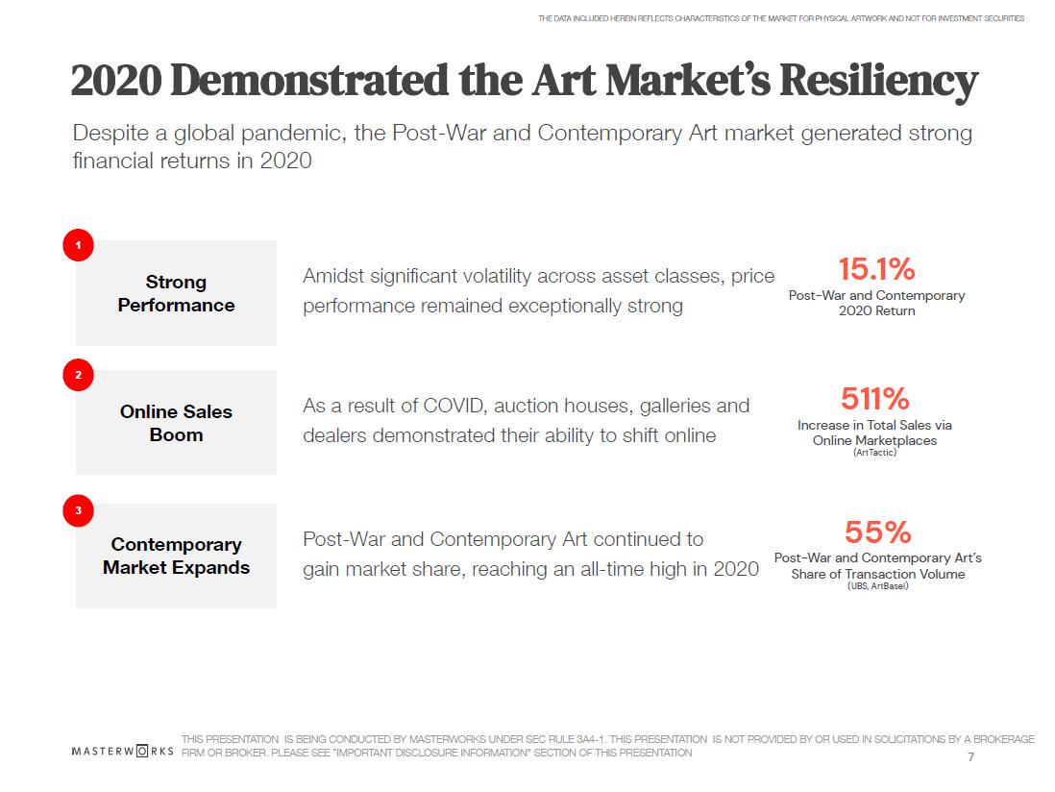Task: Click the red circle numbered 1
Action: [78, 245]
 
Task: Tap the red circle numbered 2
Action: [78, 375]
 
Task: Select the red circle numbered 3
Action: [78, 509]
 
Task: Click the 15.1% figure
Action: [876, 269]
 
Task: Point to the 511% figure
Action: [874, 398]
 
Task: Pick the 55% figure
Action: [877, 532]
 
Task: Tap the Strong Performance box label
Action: [176, 293]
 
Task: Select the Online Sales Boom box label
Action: [176, 423]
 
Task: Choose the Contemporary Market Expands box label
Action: [176, 556]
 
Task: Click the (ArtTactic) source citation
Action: [874, 453]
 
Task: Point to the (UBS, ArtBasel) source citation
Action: [877, 586]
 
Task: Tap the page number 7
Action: [970, 757]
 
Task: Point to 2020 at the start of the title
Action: [115, 83]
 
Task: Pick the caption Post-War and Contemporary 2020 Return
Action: [876, 303]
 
